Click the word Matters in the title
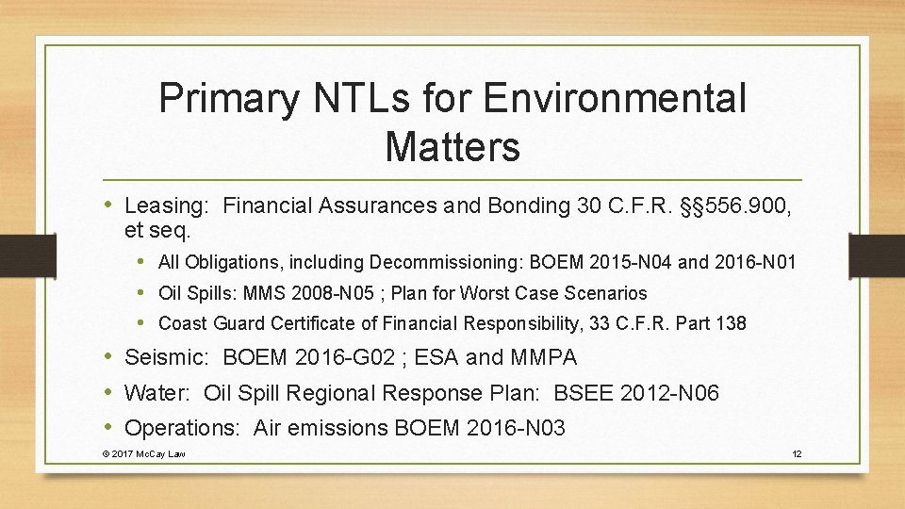452,146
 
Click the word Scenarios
603,293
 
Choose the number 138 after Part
730,323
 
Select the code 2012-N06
669,393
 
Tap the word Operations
182,428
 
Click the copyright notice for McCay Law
143,454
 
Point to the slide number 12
797,454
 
